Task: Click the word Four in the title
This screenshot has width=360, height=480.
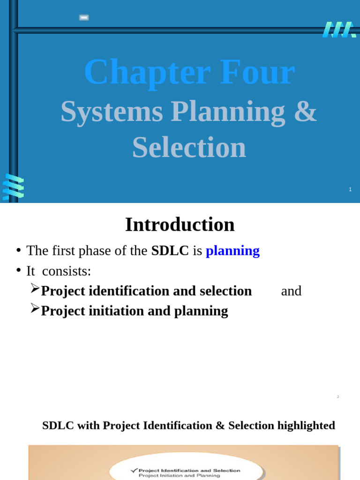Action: [x=257, y=73]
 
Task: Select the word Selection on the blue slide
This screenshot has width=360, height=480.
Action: [x=189, y=147]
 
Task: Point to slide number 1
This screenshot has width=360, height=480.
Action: [x=350, y=189]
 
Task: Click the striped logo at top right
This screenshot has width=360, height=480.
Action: [x=339, y=30]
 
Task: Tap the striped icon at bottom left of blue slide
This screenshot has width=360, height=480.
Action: [x=13, y=187]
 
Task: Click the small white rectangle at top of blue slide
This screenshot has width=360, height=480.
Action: [x=84, y=18]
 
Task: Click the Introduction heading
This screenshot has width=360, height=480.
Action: [x=180, y=225]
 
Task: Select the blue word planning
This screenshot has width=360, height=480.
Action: [x=232, y=251]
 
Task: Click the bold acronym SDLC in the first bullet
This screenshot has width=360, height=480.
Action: [x=170, y=251]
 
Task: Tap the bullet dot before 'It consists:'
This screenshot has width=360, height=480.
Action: [x=18, y=270]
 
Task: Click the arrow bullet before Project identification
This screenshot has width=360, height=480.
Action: [x=35, y=289]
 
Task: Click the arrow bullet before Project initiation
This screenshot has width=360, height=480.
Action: [x=35, y=308]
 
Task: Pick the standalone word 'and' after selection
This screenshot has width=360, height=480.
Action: [x=291, y=291]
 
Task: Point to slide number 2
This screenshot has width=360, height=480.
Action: [x=338, y=397]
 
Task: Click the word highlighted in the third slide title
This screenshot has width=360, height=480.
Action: [x=306, y=426]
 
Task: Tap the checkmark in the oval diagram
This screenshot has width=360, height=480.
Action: [x=134, y=470]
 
